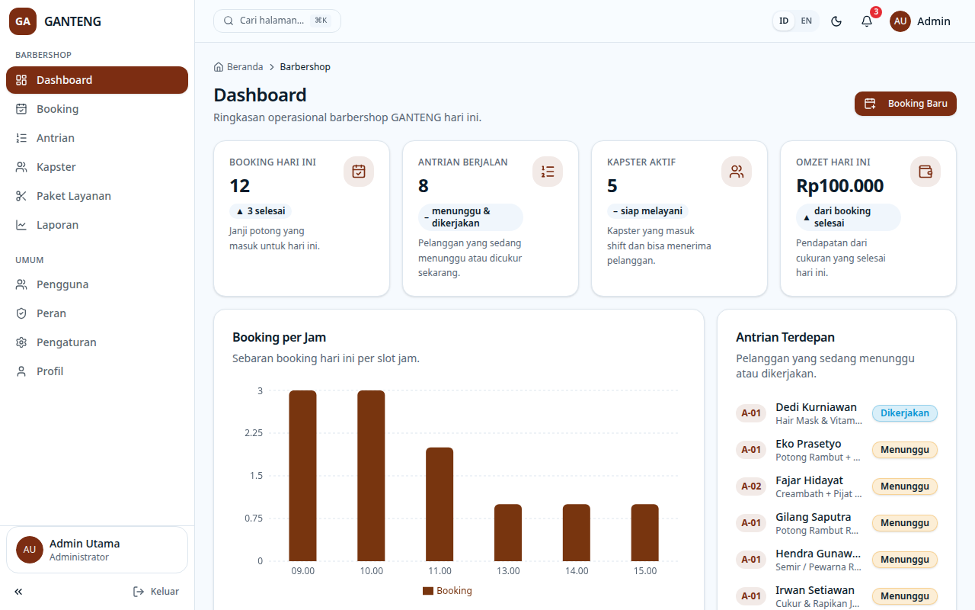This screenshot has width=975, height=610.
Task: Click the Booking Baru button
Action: point(906,104)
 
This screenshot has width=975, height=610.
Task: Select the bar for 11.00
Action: point(440,504)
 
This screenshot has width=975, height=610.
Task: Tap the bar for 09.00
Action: point(303,476)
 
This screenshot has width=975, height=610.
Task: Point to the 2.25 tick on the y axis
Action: point(254,432)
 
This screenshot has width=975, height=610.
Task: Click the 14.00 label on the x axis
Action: point(577,571)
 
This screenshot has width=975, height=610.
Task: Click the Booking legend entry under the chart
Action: point(447,591)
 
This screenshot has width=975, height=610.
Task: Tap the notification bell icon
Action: point(867,21)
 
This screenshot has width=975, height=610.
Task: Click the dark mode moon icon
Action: point(836,21)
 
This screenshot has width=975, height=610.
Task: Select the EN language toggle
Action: point(806,21)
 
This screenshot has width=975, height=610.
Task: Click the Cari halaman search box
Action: point(277,21)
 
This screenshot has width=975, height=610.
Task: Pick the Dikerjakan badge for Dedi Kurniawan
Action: point(904,413)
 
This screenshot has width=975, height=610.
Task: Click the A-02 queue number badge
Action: point(751,486)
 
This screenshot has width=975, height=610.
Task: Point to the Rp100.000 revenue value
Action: point(839,186)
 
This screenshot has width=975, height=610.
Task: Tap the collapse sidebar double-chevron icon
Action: point(18,591)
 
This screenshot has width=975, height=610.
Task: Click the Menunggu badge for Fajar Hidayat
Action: point(904,486)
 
